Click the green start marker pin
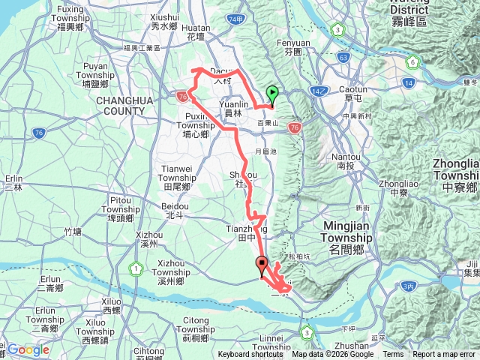coord(272,94)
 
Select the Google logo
coord(28,349)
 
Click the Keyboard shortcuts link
coord(250,355)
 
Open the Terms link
coord(393,355)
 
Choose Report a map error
coord(444,355)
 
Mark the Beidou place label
coord(175,209)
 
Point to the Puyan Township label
coord(94,70)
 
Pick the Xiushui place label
coord(163,21)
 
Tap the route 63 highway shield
coord(343,56)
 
